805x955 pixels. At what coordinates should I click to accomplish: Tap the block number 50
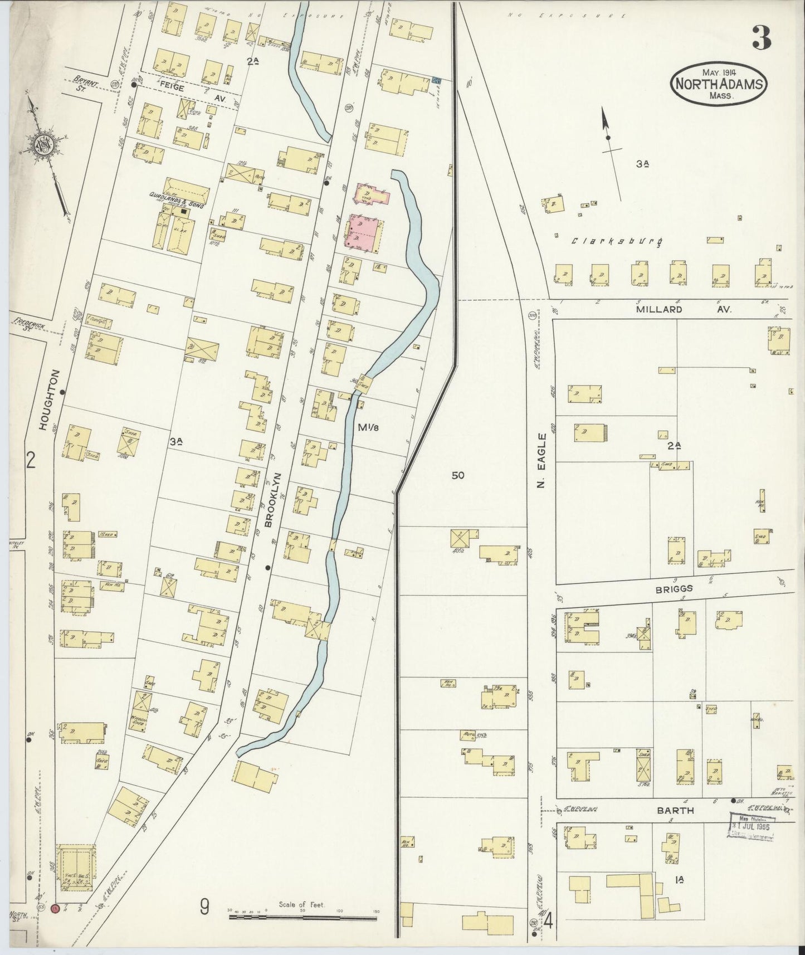pos(458,476)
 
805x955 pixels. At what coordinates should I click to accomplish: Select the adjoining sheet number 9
pos(204,908)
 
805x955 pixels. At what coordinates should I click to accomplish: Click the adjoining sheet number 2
pos(31,460)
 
